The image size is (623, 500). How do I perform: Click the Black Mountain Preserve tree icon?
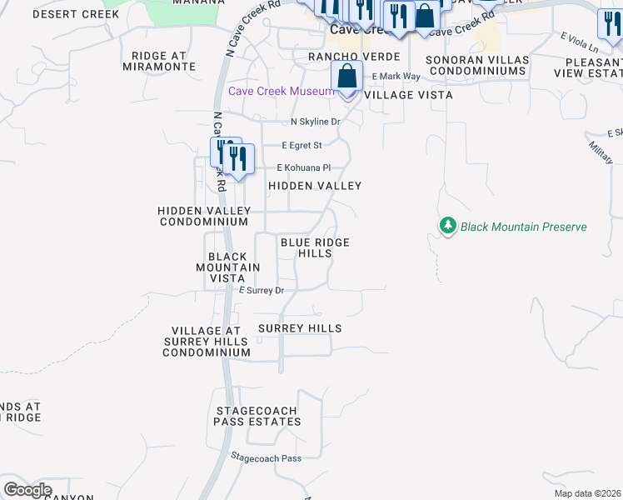(x=448, y=227)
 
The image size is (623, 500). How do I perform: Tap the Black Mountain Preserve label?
(x=523, y=227)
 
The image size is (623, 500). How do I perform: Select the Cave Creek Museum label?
(x=282, y=91)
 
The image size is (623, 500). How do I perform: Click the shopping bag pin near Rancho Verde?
(x=346, y=77)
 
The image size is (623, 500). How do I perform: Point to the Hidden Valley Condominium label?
(x=203, y=217)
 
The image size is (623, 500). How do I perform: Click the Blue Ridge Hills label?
(x=315, y=247)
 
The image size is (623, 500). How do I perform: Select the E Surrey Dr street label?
(x=262, y=291)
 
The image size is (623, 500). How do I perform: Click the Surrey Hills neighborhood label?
(x=300, y=328)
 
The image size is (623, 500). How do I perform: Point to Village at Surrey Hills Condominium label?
(x=207, y=342)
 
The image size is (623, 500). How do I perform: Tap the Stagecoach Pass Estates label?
(x=258, y=417)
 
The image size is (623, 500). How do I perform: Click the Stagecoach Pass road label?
(x=266, y=458)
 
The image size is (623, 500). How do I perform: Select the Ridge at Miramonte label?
(x=163, y=61)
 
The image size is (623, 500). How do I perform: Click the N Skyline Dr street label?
(x=316, y=122)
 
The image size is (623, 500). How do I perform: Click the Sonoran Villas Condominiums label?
(x=476, y=65)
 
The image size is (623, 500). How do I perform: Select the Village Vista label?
(x=409, y=95)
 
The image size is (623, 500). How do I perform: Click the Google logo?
(x=27, y=490)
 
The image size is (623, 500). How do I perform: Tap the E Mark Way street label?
(x=396, y=77)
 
